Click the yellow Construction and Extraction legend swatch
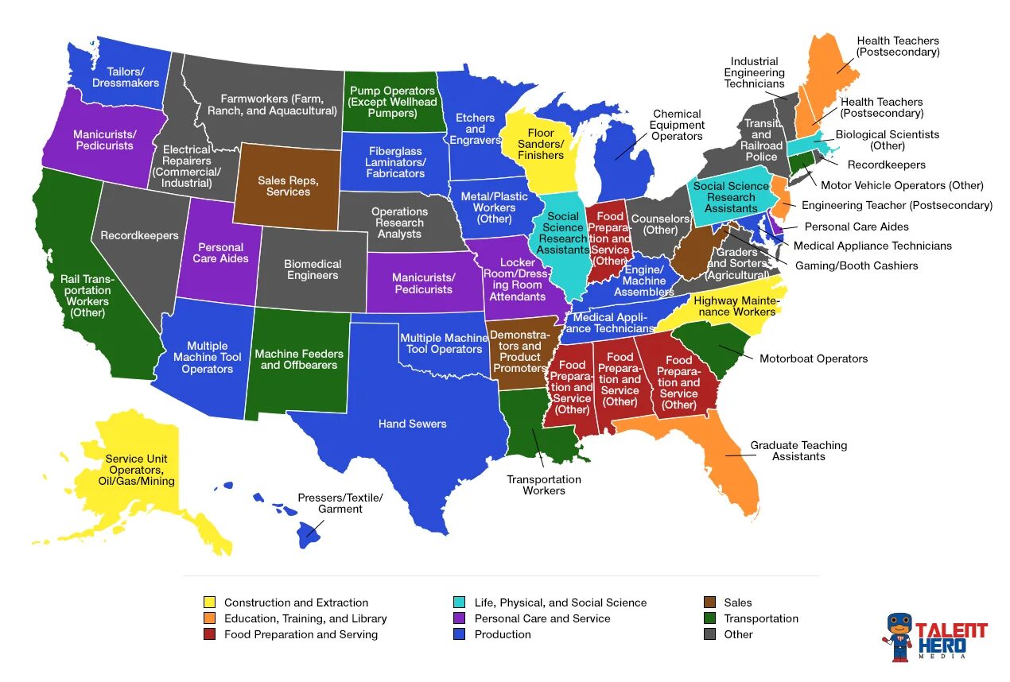pyautogui.click(x=209, y=603)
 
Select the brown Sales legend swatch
pyautogui.click(x=710, y=603)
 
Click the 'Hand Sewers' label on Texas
pyautogui.click(x=412, y=424)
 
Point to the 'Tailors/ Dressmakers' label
pyautogui.click(x=126, y=77)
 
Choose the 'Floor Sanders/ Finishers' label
pyautogui.click(x=541, y=144)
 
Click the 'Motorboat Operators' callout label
pyautogui.click(x=814, y=358)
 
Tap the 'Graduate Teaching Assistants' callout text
pyautogui.click(x=798, y=451)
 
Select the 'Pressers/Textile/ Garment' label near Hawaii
pyautogui.click(x=340, y=503)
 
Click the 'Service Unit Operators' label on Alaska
pyautogui.click(x=140, y=470)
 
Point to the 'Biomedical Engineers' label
pyautogui.click(x=313, y=269)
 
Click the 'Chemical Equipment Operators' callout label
pyautogui.click(x=677, y=125)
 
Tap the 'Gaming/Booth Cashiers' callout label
pyautogui.click(x=857, y=265)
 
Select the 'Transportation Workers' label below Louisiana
pyautogui.click(x=544, y=485)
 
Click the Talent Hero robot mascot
pyautogui.click(x=899, y=636)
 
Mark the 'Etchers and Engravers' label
pyautogui.click(x=476, y=129)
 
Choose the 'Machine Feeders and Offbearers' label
pyautogui.click(x=299, y=359)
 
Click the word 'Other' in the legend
pyautogui.click(x=738, y=634)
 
